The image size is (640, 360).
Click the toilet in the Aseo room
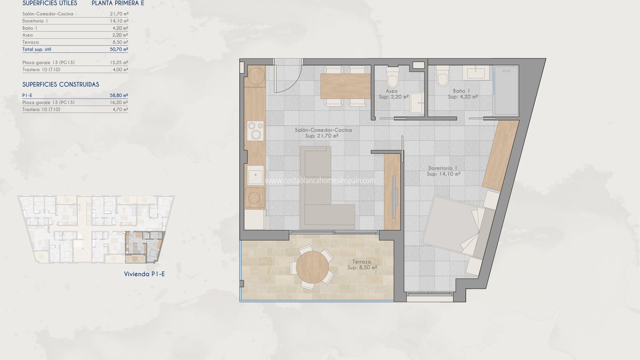(x=392, y=77)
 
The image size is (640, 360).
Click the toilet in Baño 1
(x=442, y=76)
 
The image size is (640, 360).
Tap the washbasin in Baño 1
(x=476, y=73)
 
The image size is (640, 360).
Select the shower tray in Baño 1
(x=506, y=90)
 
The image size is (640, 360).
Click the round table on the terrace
(x=312, y=267)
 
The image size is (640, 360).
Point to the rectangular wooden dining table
(x=346, y=86)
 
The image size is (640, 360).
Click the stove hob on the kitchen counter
(x=256, y=131)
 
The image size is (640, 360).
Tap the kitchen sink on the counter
(x=255, y=175)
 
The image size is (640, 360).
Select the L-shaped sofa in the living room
(x=327, y=188)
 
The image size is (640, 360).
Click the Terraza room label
(x=362, y=262)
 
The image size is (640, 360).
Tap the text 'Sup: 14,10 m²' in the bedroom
(x=444, y=174)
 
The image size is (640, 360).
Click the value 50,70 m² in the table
(x=119, y=49)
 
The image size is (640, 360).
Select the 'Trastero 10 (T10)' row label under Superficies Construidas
(x=41, y=110)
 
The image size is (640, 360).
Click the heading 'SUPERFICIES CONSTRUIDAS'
(x=61, y=84)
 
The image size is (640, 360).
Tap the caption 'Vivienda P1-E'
(x=144, y=274)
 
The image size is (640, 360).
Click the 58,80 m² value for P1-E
(x=119, y=96)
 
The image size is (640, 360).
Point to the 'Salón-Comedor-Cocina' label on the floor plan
(x=323, y=130)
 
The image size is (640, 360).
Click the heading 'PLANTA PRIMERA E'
(x=118, y=3)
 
